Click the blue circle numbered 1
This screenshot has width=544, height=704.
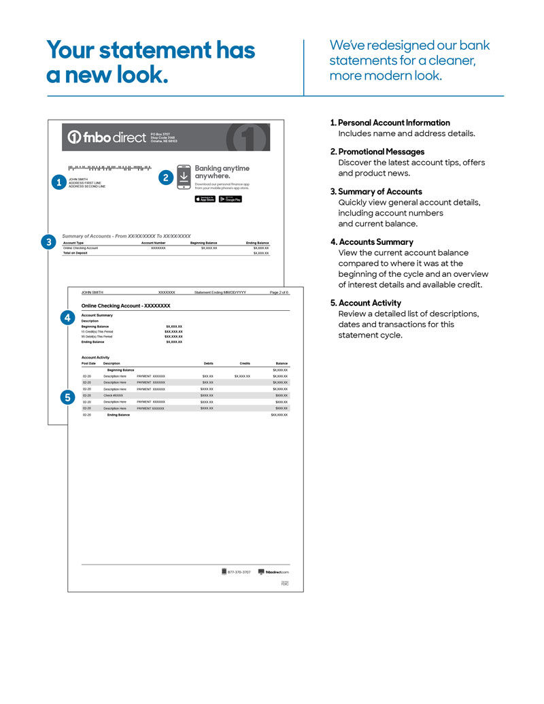pos(58,182)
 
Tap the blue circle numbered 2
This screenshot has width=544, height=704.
pos(165,177)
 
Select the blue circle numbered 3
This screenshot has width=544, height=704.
pos(48,241)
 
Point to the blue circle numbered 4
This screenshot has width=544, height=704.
pos(67,317)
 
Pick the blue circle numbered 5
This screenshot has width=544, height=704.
pos(67,398)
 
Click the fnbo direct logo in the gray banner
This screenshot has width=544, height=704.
pos(107,137)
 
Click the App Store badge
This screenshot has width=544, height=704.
pos(205,199)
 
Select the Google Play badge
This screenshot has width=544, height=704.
pos(230,199)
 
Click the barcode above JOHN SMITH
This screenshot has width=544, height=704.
pos(109,167)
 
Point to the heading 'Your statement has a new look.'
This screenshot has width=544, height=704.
pos(150,62)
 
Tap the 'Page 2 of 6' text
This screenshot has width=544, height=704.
pos(279,292)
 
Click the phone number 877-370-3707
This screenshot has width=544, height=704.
pos(239,572)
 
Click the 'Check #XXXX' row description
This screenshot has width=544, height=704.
pos(113,395)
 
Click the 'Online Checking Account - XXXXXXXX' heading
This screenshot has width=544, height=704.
pos(126,306)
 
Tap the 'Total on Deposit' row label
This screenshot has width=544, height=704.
pos(77,253)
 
